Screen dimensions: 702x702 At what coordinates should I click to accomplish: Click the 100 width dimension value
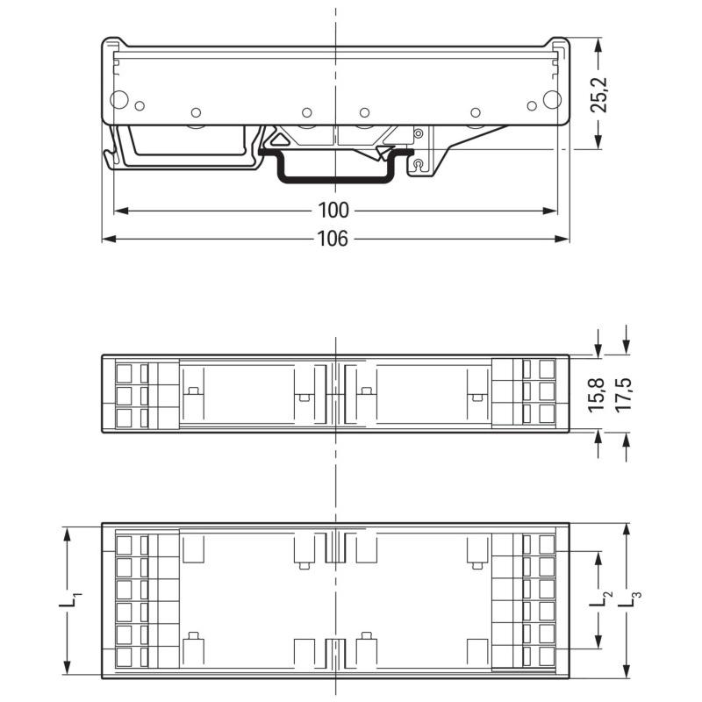(x=334, y=211)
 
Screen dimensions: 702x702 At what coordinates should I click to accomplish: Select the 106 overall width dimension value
(x=334, y=239)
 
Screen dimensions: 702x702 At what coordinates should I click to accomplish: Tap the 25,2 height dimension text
(x=599, y=94)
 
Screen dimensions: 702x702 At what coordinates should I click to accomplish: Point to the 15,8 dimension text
(x=598, y=394)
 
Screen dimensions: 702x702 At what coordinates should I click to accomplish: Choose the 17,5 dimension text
(x=626, y=394)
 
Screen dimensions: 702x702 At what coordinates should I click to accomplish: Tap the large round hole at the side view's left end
(x=120, y=99)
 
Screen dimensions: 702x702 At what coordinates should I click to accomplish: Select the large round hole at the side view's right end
(x=550, y=99)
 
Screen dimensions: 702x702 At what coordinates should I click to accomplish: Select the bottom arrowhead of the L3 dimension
(x=626, y=668)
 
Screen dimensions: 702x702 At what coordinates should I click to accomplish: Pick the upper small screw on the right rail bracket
(x=419, y=133)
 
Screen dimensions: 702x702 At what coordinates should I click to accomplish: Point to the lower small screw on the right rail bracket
(x=419, y=162)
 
